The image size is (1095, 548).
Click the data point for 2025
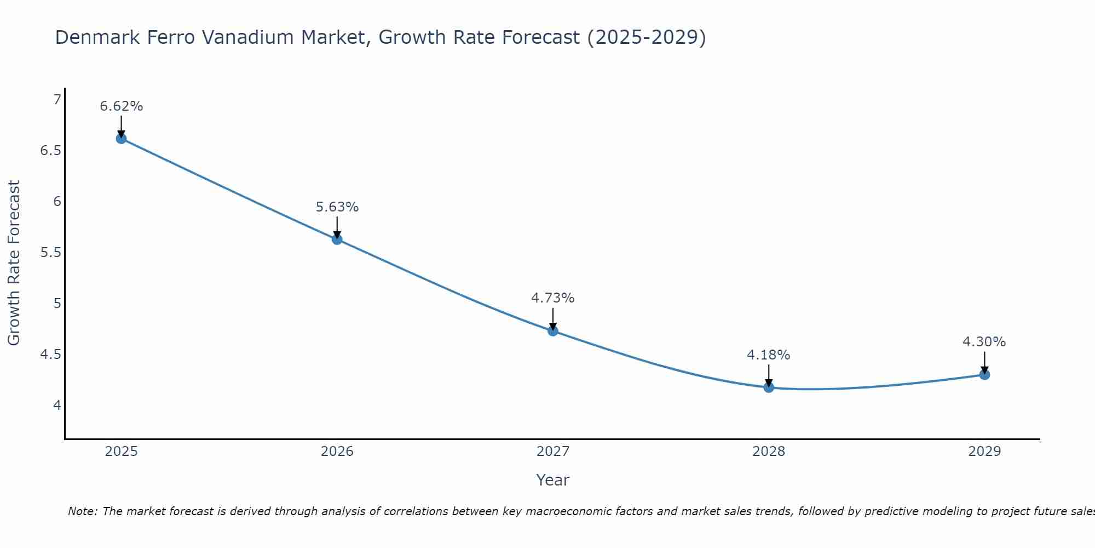(x=121, y=139)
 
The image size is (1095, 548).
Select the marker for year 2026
(x=337, y=239)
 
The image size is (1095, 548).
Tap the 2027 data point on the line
(x=552, y=331)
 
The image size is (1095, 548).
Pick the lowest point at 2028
(x=768, y=387)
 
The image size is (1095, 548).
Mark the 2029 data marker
(x=984, y=375)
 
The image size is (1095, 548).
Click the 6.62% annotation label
(x=121, y=106)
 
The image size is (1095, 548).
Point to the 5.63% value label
(x=337, y=207)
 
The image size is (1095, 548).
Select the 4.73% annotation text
(x=552, y=298)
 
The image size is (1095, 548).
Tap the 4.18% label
(x=768, y=355)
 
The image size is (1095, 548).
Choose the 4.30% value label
(x=984, y=342)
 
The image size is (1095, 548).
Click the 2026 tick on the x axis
(x=337, y=452)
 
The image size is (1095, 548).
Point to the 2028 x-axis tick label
(x=768, y=452)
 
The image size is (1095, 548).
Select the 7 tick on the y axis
(x=56, y=100)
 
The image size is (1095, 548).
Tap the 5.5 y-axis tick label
(x=50, y=253)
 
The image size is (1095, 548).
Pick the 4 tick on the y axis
(x=56, y=406)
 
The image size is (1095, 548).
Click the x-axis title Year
(x=552, y=480)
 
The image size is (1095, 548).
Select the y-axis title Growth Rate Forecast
(x=14, y=262)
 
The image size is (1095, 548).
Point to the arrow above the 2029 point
(x=984, y=363)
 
